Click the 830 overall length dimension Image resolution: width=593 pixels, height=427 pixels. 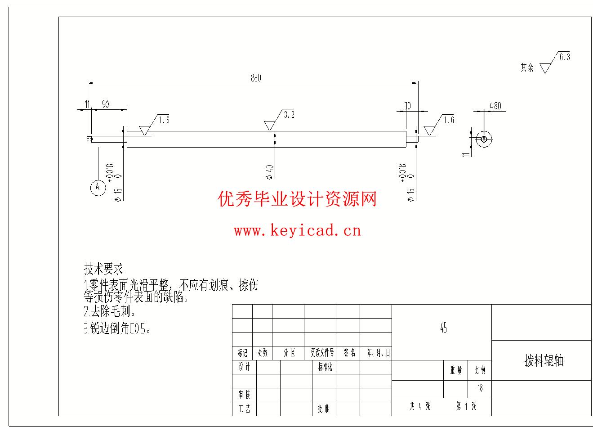click(255, 78)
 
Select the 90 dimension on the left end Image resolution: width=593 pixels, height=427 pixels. click(106, 104)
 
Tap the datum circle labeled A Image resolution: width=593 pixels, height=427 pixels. click(98, 187)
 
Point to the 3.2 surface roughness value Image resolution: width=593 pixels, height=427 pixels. click(289, 115)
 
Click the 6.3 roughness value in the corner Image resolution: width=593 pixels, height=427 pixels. click(564, 57)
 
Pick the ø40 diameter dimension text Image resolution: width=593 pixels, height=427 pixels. click(270, 171)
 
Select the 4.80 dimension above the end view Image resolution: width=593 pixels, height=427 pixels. click(495, 106)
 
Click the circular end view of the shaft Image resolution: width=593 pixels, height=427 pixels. click(484, 139)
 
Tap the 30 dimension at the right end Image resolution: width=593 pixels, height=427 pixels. click(407, 106)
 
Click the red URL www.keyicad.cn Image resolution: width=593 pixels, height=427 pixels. click(297, 231)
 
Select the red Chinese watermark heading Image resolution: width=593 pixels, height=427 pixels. click(297, 198)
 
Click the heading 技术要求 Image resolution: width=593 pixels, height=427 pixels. click(103, 269)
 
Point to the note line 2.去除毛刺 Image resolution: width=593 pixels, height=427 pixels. click(110, 311)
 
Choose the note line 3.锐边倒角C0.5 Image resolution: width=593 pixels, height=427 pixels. click(117, 329)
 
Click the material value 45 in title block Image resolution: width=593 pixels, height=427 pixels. click(443, 328)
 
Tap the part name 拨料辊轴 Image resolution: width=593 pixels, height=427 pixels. click(544, 360)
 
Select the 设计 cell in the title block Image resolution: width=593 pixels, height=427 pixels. click(244, 367)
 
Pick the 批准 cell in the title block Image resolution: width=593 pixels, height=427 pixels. click(323, 409)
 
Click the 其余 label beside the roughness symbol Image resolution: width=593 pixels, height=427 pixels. click(527, 68)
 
